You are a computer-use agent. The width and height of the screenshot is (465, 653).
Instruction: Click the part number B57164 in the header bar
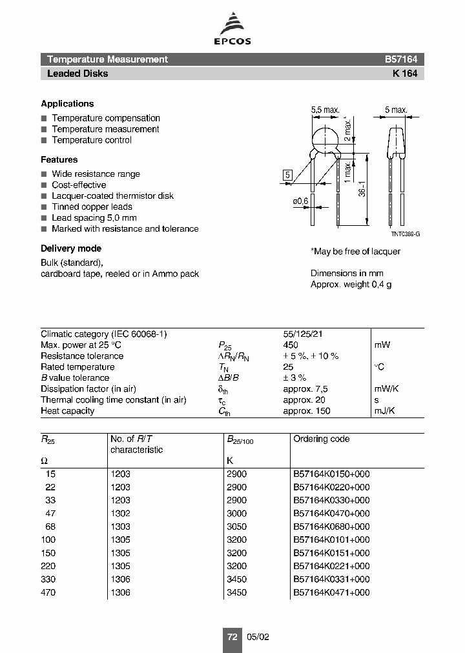pos(401,59)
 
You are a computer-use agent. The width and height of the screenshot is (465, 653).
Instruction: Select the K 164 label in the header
pos(405,74)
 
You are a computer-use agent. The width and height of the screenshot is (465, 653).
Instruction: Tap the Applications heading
pos(67,104)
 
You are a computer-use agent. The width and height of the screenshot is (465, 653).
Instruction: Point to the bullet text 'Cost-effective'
pos(80,185)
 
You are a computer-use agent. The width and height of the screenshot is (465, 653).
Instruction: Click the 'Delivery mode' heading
pos(71,248)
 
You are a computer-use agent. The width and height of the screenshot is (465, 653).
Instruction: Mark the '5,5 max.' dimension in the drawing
pos(325,110)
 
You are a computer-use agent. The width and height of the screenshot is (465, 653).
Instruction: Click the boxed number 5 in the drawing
pos(288,174)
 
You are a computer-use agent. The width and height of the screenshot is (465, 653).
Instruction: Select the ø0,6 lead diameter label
pos(301,201)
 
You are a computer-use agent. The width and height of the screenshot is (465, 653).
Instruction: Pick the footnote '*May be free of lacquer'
pos(355,251)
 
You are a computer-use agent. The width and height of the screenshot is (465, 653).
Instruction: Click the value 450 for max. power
pos(291,345)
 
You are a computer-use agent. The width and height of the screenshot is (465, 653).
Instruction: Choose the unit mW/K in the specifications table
pos(387,389)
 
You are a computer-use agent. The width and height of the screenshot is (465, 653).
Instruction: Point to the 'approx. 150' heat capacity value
pos(306,411)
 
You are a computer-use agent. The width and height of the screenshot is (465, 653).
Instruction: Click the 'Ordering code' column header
pos(321,439)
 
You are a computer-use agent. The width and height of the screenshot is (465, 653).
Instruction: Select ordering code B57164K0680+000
pos(331,527)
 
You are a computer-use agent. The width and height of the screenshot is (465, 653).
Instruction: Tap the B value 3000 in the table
pos(236,514)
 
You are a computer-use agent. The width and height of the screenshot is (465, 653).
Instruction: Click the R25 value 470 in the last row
pos(48,592)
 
